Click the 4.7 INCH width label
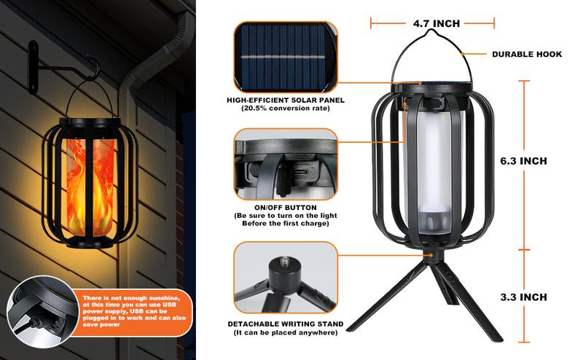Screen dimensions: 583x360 coord(436,23)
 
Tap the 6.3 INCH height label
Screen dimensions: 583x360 coord(523,161)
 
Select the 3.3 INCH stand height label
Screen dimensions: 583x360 coord(523,297)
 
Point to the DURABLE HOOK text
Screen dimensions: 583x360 coord(527,55)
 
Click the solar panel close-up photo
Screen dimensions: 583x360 coord(286,57)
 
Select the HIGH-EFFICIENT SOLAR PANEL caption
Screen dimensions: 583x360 coord(286,100)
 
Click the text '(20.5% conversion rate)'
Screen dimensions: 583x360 coord(286,109)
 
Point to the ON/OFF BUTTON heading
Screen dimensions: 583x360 coord(286,208)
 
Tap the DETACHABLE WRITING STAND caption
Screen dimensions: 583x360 coord(286,324)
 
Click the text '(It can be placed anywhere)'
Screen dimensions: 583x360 coord(286,332)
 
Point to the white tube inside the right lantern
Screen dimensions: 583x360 coord(432,171)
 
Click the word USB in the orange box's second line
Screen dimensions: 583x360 coord(170,305)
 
